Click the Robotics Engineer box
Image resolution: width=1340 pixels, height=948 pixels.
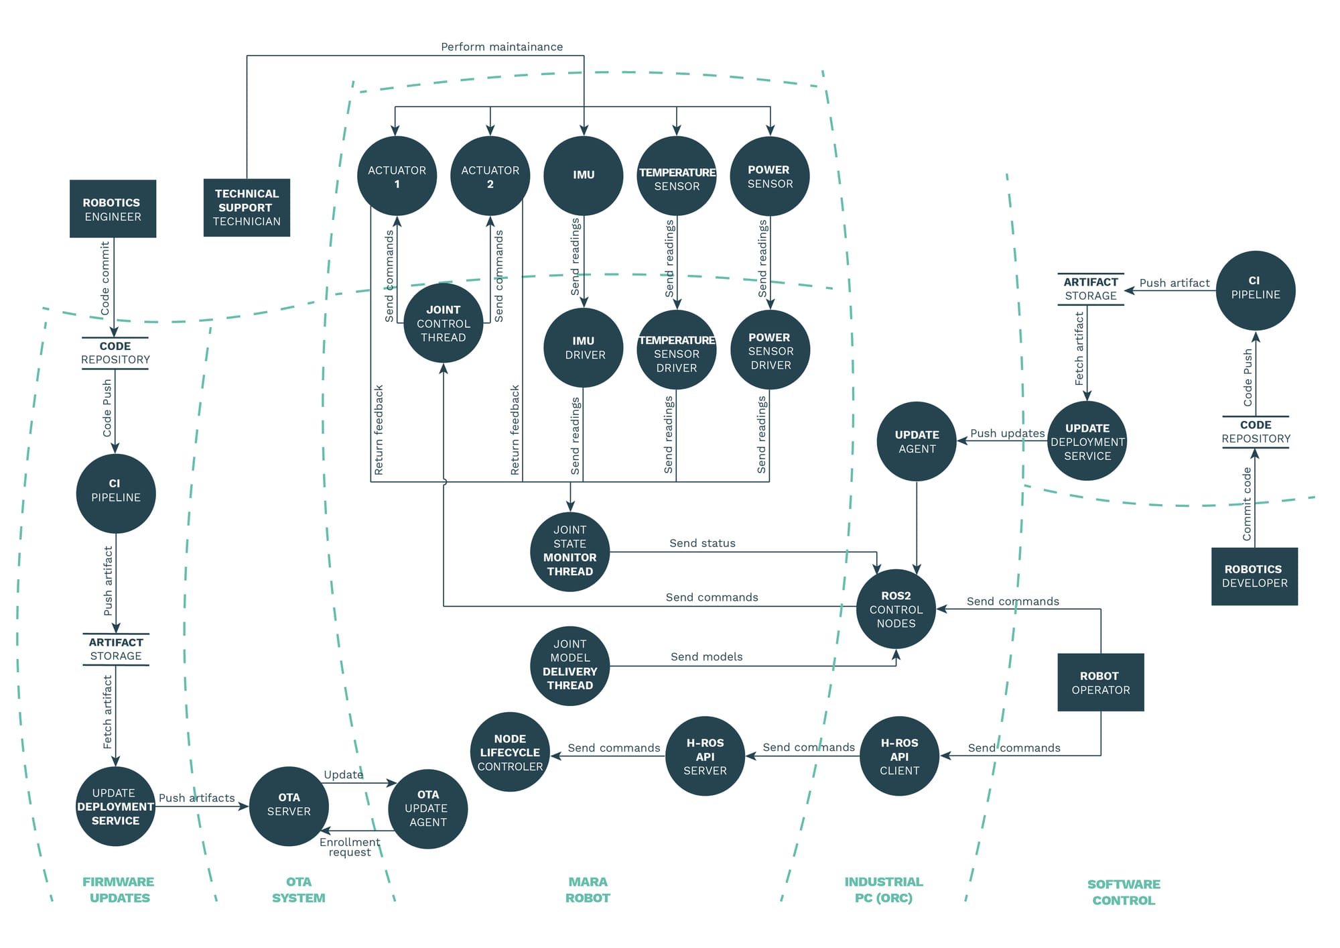point(113,209)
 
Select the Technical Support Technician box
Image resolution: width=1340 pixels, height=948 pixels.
point(247,207)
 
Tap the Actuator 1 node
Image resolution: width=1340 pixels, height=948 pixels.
point(397,176)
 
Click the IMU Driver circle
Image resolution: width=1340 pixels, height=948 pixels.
point(584,348)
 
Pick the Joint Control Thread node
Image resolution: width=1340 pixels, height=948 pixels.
point(443,323)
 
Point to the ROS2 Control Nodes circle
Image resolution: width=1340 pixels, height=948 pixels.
point(896,609)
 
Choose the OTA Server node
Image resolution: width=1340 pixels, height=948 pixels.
point(289,805)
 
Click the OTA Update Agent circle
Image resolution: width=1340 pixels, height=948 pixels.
point(427,808)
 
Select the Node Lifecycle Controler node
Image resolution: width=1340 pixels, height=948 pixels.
point(510,752)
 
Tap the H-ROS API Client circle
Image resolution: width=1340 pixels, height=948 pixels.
point(899,756)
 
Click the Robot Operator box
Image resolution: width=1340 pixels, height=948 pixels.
point(1100,683)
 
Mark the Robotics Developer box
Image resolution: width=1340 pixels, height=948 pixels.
point(1254,576)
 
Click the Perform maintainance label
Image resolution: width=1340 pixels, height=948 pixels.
point(502,47)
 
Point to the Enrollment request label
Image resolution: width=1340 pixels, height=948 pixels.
point(350,847)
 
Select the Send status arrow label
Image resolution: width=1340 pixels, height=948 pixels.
point(702,543)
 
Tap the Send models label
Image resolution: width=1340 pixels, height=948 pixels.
point(706,656)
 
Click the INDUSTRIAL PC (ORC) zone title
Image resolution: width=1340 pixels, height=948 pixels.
point(883,890)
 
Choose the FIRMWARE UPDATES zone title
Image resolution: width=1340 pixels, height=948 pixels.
point(119,890)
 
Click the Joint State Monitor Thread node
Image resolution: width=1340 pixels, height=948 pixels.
point(569,551)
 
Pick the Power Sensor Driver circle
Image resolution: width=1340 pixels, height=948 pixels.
point(770,351)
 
